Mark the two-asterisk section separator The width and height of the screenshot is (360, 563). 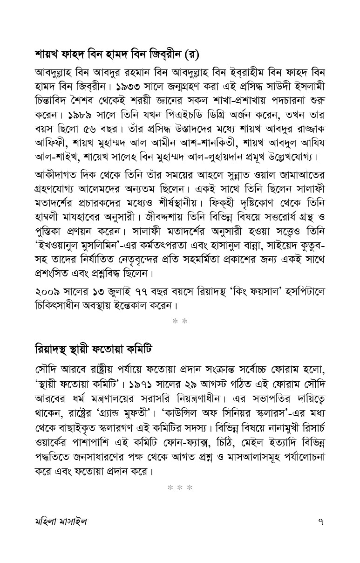(x=180, y=321)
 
